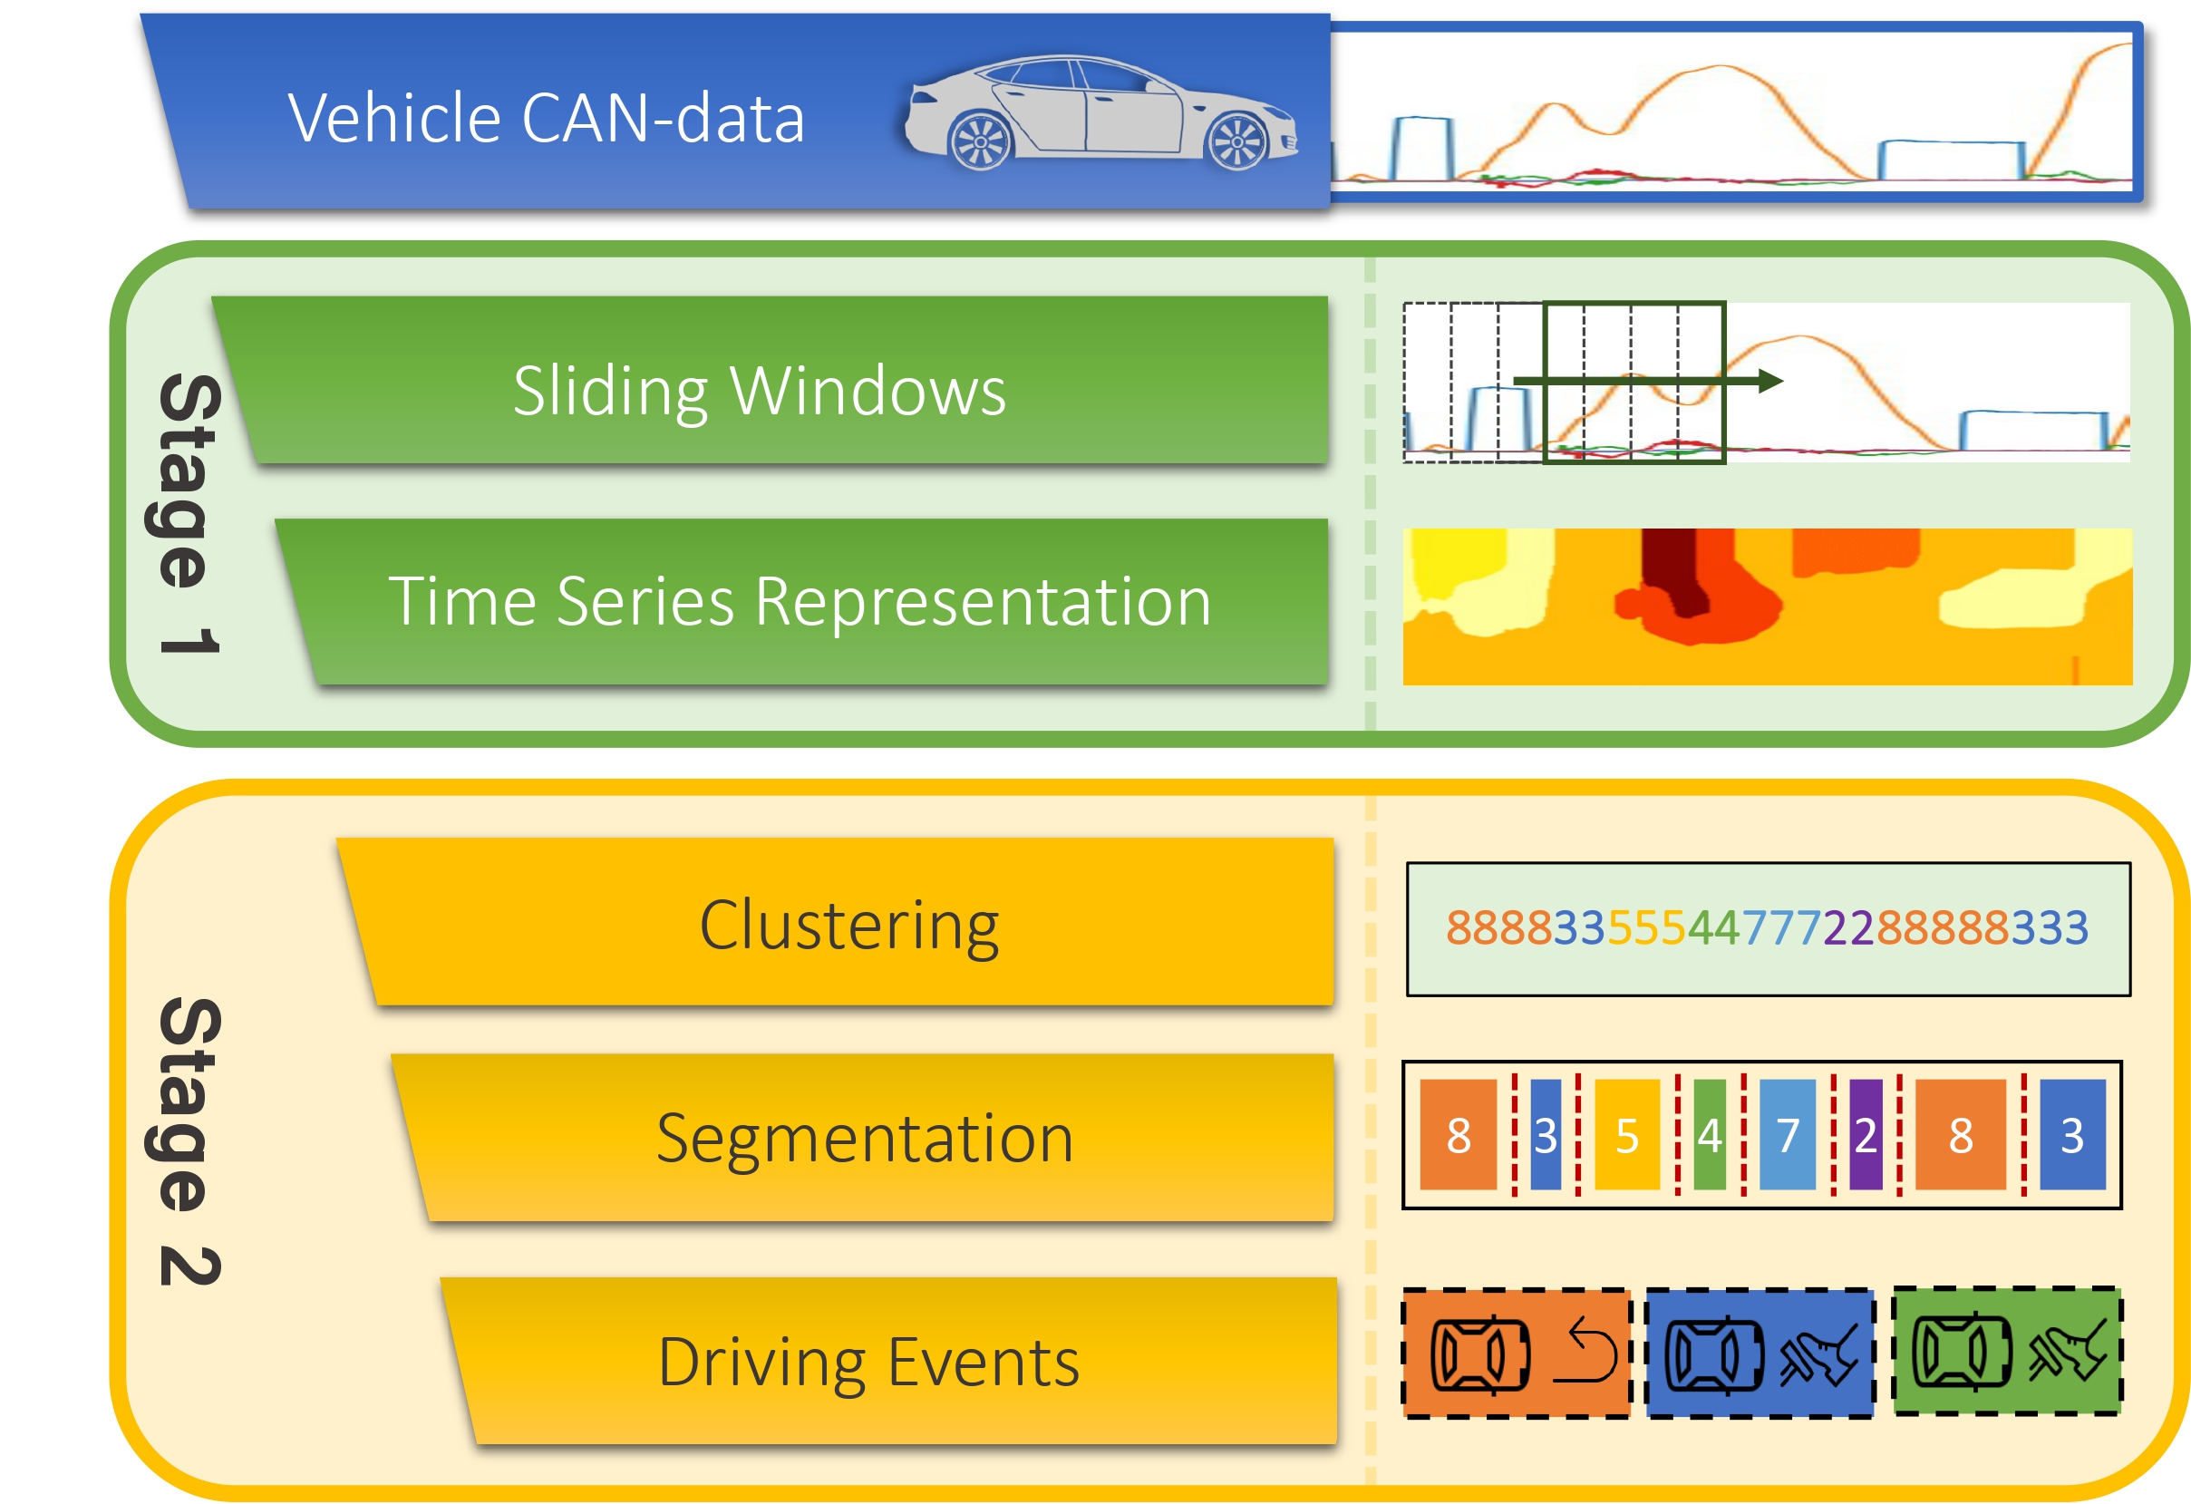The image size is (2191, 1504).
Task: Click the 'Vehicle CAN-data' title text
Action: pyautogui.click(x=546, y=119)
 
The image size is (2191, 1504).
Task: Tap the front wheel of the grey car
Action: pyautogui.click(x=1237, y=142)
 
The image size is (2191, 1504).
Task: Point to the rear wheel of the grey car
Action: pyautogui.click(x=981, y=142)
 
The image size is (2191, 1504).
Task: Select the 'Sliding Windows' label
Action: pyautogui.click(x=759, y=390)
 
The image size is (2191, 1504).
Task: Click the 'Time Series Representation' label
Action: pyautogui.click(x=800, y=601)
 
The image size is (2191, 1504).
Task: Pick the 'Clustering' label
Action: pyautogui.click(x=848, y=925)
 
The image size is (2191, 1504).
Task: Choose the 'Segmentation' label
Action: pyautogui.click(x=865, y=1138)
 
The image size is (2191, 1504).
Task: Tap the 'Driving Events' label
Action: pyautogui.click(x=868, y=1362)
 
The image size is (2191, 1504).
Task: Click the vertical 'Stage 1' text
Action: pyautogui.click(x=189, y=514)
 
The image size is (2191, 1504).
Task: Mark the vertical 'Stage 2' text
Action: pyautogui.click(x=189, y=1141)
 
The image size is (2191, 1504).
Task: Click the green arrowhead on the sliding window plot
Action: pyautogui.click(x=1769, y=381)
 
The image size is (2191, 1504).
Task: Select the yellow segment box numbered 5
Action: pyautogui.click(x=1626, y=1134)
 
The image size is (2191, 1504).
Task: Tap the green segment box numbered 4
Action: pyautogui.click(x=1710, y=1134)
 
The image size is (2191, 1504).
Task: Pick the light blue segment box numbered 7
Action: pyautogui.click(x=1788, y=1134)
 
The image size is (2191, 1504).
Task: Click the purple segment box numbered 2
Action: pyautogui.click(x=1866, y=1134)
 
